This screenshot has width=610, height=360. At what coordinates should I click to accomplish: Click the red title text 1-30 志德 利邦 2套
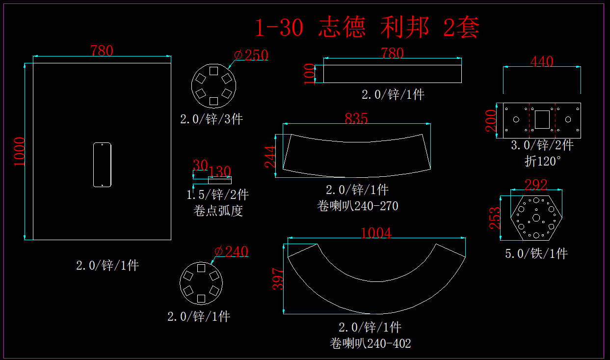click(x=367, y=28)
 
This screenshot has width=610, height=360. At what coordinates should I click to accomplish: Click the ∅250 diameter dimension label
click(x=251, y=55)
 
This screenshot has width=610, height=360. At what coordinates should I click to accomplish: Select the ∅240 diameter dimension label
click(x=232, y=252)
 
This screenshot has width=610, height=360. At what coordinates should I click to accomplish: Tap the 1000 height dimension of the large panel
click(x=19, y=151)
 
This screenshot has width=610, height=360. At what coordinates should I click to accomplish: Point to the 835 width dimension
click(x=356, y=118)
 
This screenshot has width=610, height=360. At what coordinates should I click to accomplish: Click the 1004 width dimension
click(x=376, y=233)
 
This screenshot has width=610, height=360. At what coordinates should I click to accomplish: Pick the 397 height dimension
click(x=278, y=278)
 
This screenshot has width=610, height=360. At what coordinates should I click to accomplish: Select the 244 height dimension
click(x=271, y=157)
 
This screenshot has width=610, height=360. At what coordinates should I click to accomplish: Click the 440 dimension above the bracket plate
click(x=542, y=62)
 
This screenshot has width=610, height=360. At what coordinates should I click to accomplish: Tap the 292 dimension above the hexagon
click(x=536, y=185)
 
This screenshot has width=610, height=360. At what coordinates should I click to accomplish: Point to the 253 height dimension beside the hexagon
click(x=495, y=218)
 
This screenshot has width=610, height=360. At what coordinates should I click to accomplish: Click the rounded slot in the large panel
click(x=102, y=165)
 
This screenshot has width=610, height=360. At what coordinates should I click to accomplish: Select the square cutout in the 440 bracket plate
click(x=542, y=119)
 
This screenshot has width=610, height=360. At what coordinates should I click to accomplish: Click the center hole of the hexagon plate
click(x=536, y=218)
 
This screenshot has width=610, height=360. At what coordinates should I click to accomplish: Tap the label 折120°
click(x=542, y=161)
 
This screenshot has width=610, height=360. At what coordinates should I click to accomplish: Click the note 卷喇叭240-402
click(x=371, y=343)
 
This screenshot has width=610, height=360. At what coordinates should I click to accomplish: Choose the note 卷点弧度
click(x=218, y=211)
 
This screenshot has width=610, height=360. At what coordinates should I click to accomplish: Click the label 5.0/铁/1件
click(x=536, y=254)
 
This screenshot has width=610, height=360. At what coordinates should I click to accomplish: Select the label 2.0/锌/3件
click(x=212, y=119)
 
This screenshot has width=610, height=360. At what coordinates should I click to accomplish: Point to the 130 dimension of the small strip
click(x=219, y=171)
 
